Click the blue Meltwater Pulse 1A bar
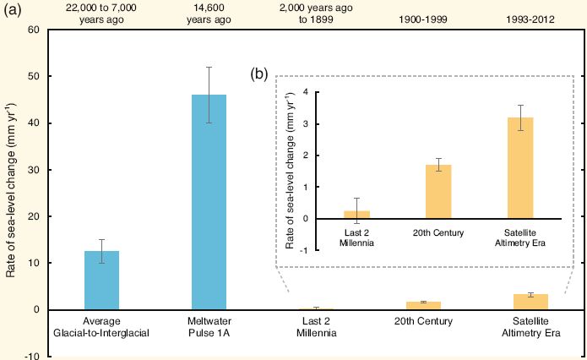click(209, 202)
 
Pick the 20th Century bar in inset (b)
click(438, 192)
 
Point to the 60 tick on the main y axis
click(35, 30)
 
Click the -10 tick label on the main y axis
click(33, 357)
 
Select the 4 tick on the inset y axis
click(305, 92)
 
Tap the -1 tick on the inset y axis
click(303, 250)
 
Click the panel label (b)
click(259, 74)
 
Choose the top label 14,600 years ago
click(209, 14)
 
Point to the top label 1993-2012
click(531, 19)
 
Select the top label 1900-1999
click(424, 19)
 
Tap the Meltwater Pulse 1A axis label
click(209, 327)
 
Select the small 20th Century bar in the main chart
click(424, 305)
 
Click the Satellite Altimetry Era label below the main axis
click(531, 327)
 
